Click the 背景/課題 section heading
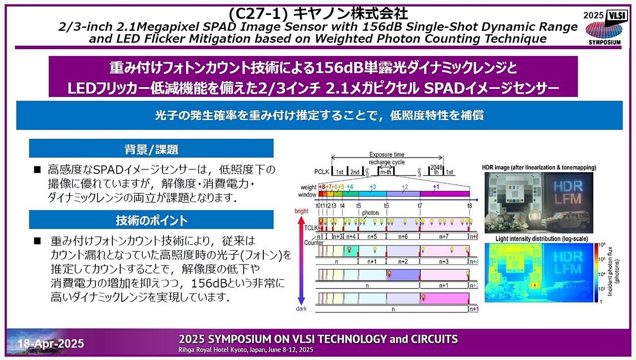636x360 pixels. click(151, 149)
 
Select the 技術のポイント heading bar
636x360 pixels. click(151, 220)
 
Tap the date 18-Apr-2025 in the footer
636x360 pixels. click(51, 344)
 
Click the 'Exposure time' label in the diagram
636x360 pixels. click(387, 155)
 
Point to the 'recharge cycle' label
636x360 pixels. click(387, 162)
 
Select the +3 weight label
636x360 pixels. click(373, 186)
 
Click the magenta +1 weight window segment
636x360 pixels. click(445, 194)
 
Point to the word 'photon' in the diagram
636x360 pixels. click(370, 213)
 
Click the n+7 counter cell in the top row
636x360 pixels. click(444, 236)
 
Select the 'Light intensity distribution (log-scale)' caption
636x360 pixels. click(542, 239)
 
